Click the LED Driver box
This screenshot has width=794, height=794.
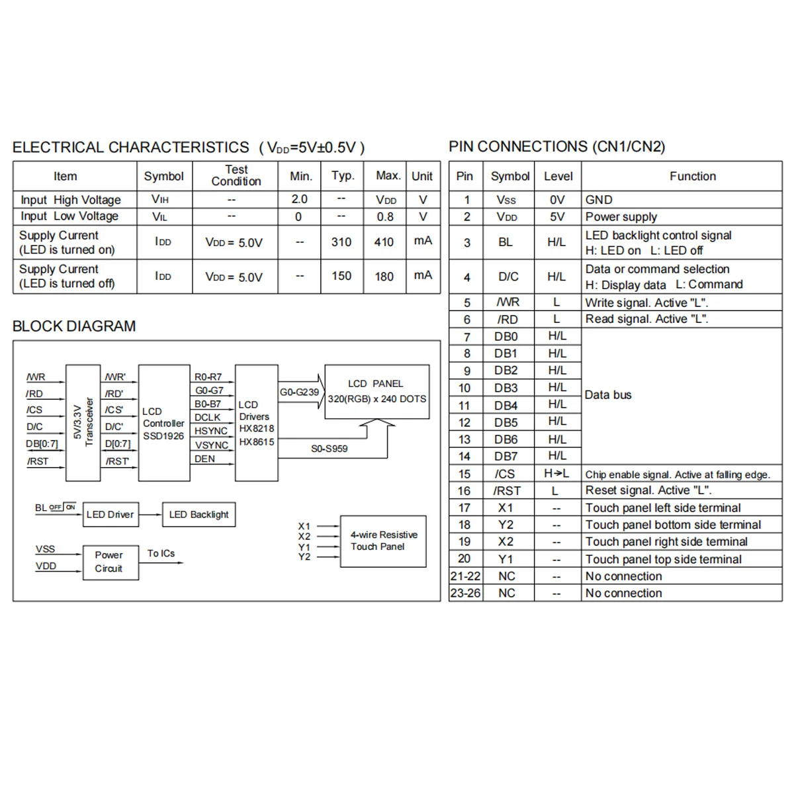[110, 515]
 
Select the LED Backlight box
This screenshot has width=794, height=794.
[198, 515]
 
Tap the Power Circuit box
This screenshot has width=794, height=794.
[110, 562]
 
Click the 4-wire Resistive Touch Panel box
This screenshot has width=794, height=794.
[383, 541]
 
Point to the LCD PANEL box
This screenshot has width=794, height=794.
[376, 391]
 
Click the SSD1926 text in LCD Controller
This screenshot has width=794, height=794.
[163, 436]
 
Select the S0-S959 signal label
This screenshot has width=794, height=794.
[329, 449]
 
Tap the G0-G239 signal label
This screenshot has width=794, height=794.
[299, 392]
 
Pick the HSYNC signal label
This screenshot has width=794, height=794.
[211, 431]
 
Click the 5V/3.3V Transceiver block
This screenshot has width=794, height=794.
[83, 422]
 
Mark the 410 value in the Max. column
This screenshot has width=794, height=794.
[384, 242]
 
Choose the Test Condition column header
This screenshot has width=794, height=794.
[236, 175]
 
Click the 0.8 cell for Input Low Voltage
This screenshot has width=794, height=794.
[385, 217]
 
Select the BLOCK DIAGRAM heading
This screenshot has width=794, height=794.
[74, 326]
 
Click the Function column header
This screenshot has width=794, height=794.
[692, 176]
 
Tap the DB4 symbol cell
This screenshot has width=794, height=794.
[506, 406]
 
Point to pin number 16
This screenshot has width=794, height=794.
[464, 491]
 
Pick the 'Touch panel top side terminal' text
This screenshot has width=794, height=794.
[663, 559]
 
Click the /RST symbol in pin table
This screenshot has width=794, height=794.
[507, 491]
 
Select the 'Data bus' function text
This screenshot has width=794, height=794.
[608, 395]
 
